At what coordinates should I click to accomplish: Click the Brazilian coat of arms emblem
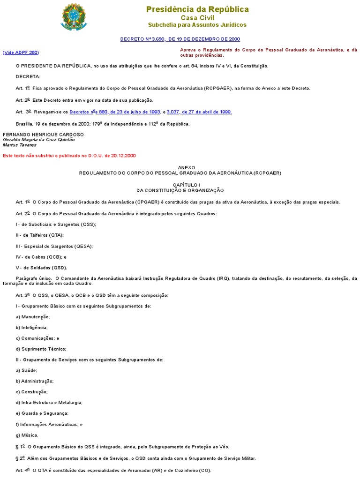coord(74,16)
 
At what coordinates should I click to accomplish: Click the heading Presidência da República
coord(197,9)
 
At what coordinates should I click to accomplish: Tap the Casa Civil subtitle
coord(197,17)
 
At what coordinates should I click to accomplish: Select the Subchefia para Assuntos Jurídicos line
coord(197,24)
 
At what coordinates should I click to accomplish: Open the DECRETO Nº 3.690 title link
coord(180,39)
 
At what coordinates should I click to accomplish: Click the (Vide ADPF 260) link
coord(21,52)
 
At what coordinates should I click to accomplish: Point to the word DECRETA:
coord(28,76)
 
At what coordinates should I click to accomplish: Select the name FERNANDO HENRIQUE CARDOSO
coord(43,134)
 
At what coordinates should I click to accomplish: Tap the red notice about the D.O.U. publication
coord(69,156)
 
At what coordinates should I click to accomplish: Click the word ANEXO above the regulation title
coord(180,167)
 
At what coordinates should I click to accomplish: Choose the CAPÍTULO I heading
coord(180,185)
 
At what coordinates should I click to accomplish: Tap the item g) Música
coord(27,435)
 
